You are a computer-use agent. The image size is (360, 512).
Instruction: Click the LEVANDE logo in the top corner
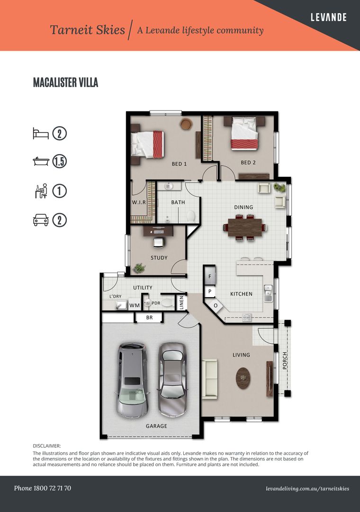(328, 18)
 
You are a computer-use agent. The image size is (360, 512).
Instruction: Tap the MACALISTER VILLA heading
(65, 82)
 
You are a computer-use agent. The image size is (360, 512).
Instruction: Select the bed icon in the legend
(41, 133)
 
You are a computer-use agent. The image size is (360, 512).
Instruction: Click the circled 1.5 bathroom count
(59, 162)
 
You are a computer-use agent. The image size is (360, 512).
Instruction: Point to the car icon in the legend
(41, 220)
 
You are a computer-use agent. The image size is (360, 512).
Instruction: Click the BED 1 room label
(179, 164)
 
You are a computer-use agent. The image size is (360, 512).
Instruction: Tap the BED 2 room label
(248, 163)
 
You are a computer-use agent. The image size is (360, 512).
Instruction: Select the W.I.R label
(138, 202)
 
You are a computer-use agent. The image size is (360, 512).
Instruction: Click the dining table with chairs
(244, 227)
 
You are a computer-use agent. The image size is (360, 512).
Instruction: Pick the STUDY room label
(159, 258)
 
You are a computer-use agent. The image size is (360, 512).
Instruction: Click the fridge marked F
(210, 275)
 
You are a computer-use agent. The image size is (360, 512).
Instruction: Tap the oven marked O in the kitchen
(216, 305)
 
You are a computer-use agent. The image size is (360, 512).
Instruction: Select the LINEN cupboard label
(181, 302)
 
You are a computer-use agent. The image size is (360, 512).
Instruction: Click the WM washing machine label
(135, 306)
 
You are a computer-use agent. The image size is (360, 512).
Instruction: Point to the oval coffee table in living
(243, 378)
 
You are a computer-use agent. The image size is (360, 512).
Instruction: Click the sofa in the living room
(210, 378)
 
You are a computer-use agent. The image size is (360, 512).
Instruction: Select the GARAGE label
(156, 426)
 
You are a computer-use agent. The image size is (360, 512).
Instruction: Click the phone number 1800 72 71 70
(43, 488)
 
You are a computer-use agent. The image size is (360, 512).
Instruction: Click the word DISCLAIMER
(47, 446)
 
